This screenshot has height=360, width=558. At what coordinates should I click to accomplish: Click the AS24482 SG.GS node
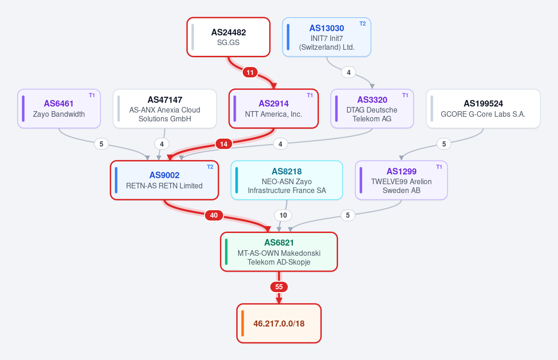pos(228,37)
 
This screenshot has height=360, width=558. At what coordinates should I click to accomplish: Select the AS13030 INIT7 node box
pos(326,37)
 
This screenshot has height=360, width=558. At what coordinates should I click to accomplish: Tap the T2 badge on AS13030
pos(362,24)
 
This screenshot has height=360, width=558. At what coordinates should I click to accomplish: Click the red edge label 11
pos(250,73)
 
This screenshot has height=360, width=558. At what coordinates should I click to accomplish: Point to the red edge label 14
pos(224,144)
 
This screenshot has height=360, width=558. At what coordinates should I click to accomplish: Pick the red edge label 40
pos(214,215)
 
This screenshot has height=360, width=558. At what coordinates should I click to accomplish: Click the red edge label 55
pos(279,287)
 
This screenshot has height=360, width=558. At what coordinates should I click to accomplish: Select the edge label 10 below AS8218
pos(283,215)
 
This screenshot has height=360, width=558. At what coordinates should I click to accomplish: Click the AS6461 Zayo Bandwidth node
pos(59,109)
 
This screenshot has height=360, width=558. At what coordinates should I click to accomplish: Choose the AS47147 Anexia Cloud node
pos(165,109)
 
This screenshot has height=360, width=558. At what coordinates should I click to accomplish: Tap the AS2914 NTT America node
pos(273,109)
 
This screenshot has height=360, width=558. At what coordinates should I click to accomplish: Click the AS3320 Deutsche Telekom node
pos(372,109)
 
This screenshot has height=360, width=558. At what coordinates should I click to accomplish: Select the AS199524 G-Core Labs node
pos(483,109)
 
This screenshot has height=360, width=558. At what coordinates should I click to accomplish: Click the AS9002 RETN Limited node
pos(165,180)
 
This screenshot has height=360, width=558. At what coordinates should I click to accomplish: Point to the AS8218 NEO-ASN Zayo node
pos(287,180)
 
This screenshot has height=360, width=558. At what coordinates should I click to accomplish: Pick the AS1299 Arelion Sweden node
pos(401,180)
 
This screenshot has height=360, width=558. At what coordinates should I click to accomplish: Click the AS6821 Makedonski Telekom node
pos(279,252)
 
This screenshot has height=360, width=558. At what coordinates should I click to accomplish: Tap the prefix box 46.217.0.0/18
pos(279,323)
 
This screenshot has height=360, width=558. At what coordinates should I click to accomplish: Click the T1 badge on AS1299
pos(439,167)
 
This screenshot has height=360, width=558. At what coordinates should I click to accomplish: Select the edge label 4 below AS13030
pos(348,73)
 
